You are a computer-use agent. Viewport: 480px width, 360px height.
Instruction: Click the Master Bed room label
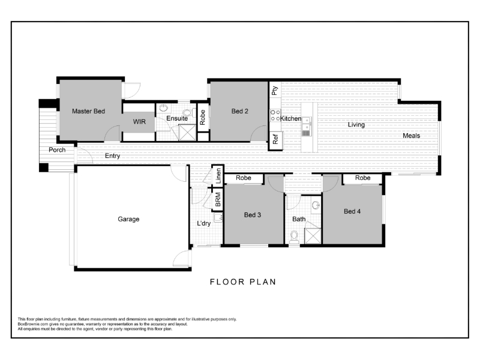(x=88, y=111)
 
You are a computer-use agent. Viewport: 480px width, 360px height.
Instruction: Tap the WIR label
(x=139, y=122)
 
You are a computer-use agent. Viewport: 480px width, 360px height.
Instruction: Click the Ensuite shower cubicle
(x=187, y=133)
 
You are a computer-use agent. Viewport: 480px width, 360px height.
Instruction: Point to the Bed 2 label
(x=239, y=111)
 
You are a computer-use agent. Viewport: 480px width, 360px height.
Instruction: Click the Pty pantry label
(x=275, y=91)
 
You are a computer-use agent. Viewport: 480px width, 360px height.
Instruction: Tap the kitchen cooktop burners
(x=275, y=115)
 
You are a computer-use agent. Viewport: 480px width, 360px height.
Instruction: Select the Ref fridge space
(x=275, y=139)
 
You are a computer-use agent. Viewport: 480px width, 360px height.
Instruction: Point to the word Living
(x=356, y=125)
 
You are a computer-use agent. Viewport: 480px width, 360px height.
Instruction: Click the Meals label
(x=412, y=136)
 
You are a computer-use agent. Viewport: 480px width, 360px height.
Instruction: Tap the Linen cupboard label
(x=218, y=176)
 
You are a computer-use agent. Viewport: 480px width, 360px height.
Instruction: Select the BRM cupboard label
(x=218, y=199)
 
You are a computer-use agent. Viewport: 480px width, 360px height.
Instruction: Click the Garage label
(x=128, y=219)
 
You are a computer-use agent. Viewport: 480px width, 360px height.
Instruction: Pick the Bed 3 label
(x=253, y=215)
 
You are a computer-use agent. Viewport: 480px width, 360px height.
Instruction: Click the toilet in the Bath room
(x=294, y=237)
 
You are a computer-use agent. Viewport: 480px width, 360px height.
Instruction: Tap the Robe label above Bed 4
(x=363, y=178)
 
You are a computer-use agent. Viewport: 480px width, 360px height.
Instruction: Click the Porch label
(x=57, y=149)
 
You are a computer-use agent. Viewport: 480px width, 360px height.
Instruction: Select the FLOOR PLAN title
(x=243, y=281)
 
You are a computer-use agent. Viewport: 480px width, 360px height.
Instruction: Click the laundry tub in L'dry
(x=218, y=218)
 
